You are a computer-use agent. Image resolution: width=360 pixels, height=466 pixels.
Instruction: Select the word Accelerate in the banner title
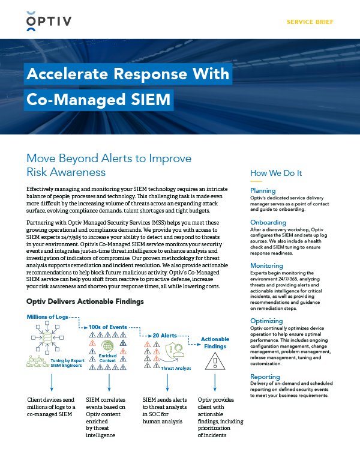click(70, 74)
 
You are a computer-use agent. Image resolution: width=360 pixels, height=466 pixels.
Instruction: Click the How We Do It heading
click(276, 174)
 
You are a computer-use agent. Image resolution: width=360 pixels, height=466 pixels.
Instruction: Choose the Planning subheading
click(263, 191)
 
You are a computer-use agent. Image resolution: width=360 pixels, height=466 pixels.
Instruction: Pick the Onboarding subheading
click(268, 222)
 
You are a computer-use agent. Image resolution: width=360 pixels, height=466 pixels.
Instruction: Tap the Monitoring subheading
click(266, 265)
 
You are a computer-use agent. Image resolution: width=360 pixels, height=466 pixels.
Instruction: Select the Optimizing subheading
click(266, 321)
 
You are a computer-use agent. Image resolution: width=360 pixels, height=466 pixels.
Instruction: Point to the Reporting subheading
click(265, 377)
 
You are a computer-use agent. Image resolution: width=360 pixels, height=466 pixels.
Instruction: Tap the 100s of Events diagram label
click(108, 327)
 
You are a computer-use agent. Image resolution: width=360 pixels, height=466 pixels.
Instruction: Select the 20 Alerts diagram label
click(164, 335)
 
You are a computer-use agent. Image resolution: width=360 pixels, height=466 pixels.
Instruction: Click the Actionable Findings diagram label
click(215, 343)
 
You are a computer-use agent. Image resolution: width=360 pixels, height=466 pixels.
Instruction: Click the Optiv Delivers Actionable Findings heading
click(85, 301)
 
